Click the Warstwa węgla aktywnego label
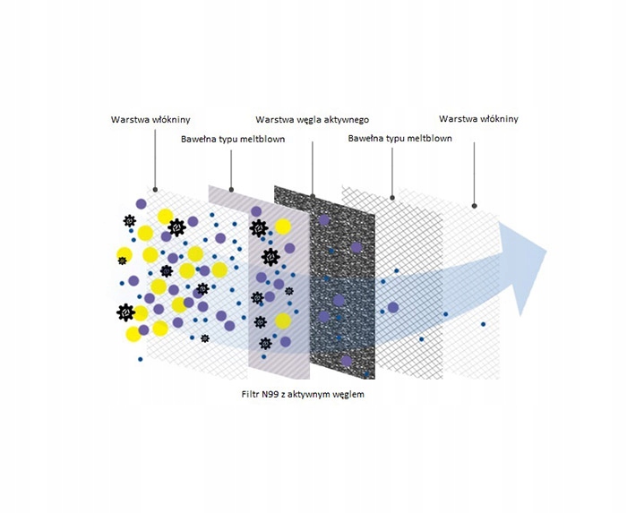pos(312,119)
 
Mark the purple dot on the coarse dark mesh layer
pos(392,307)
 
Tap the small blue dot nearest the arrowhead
pos(483,324)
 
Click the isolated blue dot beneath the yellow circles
pos(141,360)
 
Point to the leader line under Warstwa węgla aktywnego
pos(313,161)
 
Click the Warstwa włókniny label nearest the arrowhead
pos(478,119)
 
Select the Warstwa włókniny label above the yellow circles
pos(150,119)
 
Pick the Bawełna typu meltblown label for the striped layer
pos(232,140)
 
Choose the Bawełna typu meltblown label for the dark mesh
pos(399,139)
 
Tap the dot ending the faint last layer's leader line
pos(474,203)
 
